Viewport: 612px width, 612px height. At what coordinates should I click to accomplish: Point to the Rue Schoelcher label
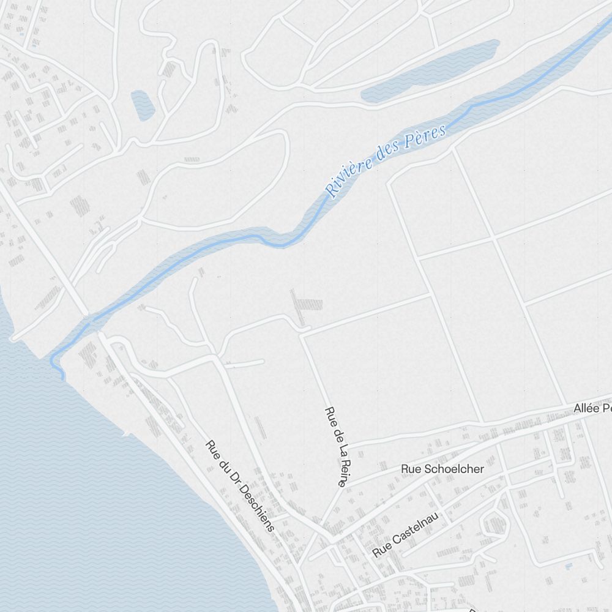442,469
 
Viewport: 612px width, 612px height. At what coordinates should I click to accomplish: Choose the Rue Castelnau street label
405,535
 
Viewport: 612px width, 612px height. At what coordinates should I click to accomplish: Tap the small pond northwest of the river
142,105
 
